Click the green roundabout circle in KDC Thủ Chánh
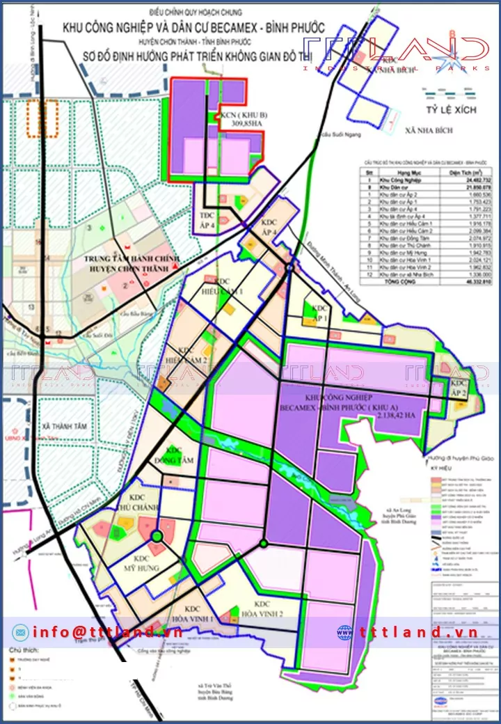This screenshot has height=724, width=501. click(x=157, y=536)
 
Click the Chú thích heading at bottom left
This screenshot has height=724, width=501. click(x=21, y=650)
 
